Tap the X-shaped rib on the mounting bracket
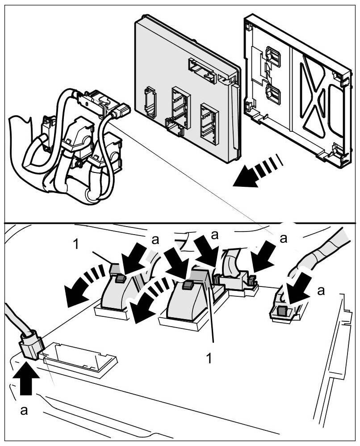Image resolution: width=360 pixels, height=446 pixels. coord(318,96)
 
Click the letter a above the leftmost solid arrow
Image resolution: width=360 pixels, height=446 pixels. coord(155,240)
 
